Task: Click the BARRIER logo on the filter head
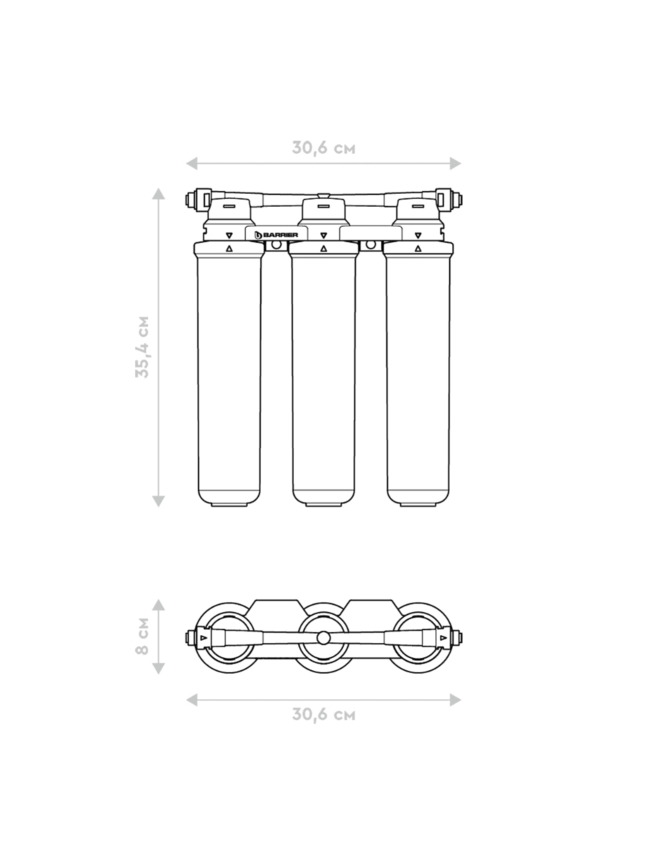tap(276, 235)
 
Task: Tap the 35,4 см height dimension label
tap(142, 347)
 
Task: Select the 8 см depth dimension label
tap(142, 636)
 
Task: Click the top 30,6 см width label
tap(323, 148)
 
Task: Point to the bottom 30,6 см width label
tap(323, 713)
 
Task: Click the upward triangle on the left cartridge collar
tap(229, 249)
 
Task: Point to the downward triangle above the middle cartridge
tap(323, 236)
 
